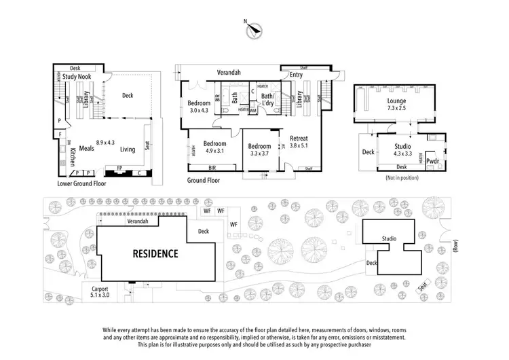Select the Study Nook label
point(77,77)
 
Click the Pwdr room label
point(432,161)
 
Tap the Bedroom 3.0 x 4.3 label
point(198,107)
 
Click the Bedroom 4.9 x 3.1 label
point(214,147)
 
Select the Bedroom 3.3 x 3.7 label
point(259,150)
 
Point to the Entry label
point(296,75)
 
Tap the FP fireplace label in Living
point(120,167)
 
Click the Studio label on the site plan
point(389,238)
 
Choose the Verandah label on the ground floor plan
point(229,72)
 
